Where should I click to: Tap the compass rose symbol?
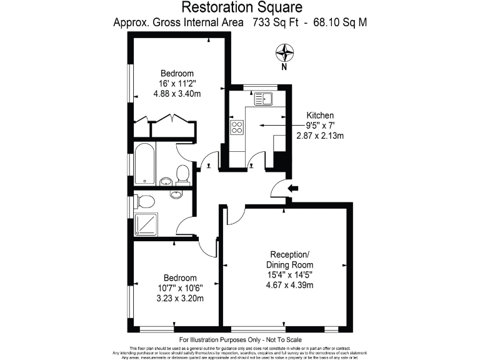(284, 51)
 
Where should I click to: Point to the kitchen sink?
(264, 99)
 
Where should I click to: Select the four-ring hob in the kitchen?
(237, 127)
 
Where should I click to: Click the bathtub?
(144, 164)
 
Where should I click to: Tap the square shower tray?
(146, 224)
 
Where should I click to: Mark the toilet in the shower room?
(145, 201)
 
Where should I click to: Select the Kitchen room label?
(320, 116)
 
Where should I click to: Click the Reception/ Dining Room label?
(289, 259)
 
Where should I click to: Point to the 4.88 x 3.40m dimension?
(177, 94)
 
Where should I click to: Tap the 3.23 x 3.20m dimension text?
(180, 298)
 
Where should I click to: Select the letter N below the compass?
(284, 67)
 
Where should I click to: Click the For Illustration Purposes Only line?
(241, 339)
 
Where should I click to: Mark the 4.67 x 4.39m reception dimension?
(289, 285)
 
